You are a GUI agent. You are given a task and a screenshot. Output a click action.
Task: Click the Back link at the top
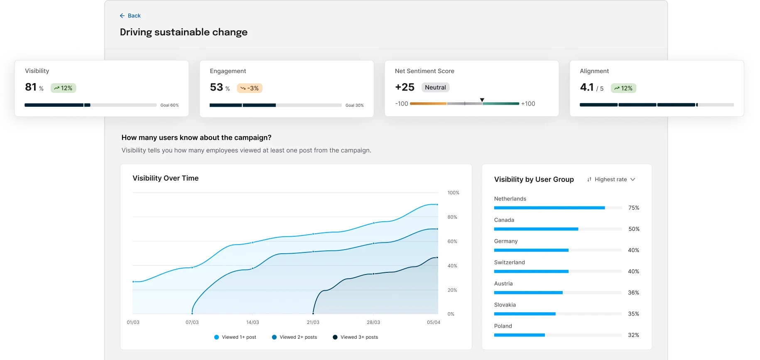(x=130, y=16)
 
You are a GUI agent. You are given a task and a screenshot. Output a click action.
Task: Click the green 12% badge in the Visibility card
(x=64, y=88)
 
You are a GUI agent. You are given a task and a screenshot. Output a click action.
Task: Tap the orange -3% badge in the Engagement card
(x=250, y=88)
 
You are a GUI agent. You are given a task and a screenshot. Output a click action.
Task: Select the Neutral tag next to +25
(x=435, y=88)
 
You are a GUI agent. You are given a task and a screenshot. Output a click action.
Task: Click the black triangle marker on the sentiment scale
(x=482, y=100)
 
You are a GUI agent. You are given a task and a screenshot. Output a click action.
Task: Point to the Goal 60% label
(x=169, y=105)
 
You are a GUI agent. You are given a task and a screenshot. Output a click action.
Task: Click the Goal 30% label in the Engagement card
(x=354, y=105)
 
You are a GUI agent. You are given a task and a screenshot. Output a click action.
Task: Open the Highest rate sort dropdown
(x=611, y=179)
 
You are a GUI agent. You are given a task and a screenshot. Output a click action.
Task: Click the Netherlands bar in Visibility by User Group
(x=549, y=208)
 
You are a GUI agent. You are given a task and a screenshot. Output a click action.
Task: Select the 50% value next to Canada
(x=634, y=229)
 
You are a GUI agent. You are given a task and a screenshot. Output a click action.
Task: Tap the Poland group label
(x=503, y=326)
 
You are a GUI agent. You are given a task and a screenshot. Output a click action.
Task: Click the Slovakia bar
(x=525, y=314)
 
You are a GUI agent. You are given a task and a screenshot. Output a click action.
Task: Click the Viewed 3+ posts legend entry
(x=355, y=337)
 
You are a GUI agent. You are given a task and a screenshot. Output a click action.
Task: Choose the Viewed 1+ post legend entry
(x=235, y=337)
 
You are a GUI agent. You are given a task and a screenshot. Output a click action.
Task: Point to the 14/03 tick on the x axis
(x=253, y=322)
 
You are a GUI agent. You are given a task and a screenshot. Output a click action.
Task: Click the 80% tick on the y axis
(x=452, y=217)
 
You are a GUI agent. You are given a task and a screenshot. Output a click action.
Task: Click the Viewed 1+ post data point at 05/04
(x=437, y=205)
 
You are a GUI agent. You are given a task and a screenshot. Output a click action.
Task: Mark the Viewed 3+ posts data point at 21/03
(x=313, y=313)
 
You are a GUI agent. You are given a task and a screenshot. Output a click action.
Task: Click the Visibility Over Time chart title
(x=165, y=178)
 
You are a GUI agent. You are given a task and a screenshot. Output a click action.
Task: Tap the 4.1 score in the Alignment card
(x=586, y=87)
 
